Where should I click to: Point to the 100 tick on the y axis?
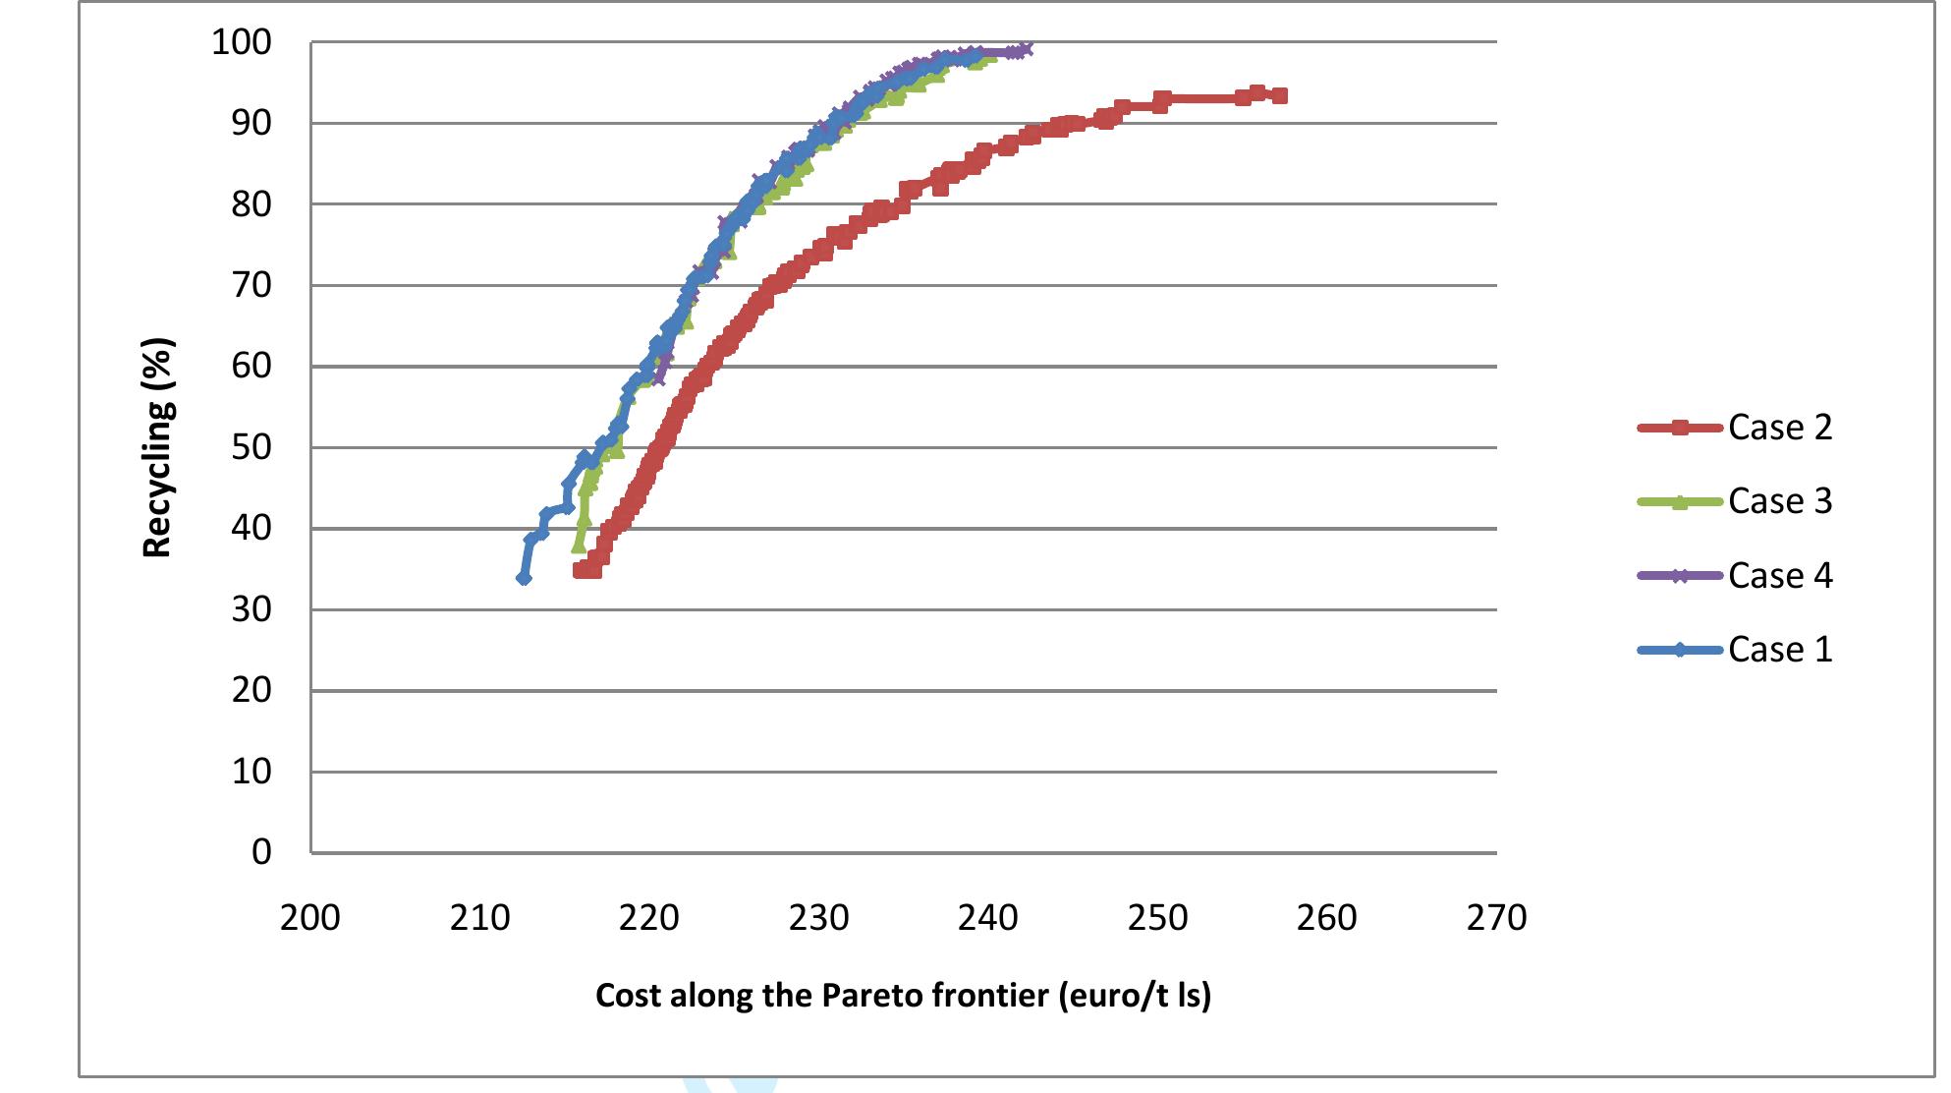242,42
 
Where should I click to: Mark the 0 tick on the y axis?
261,851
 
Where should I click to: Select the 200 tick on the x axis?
310,917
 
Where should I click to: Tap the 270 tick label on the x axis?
1496,917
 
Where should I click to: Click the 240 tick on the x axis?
988,917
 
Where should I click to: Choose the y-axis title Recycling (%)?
157,447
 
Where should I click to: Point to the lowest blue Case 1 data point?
524,578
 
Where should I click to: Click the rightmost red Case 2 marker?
1279,95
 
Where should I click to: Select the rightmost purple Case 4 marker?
1026,49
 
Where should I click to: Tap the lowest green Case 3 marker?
578,546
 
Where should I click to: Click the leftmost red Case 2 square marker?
581,569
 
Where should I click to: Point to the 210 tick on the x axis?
479,917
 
